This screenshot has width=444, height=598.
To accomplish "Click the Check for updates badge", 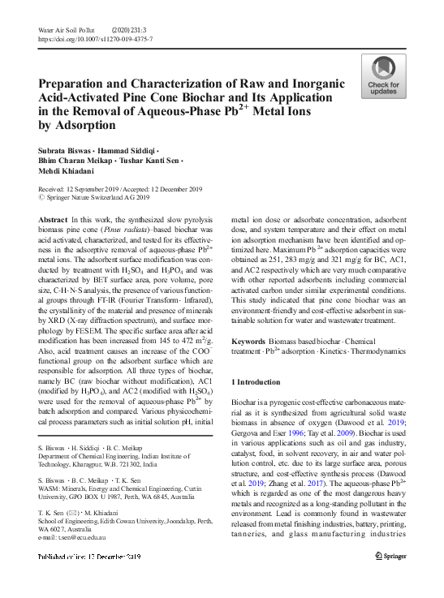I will pyautogui.click(x=385, y=76).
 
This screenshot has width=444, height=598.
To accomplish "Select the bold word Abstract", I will pyautogui.click(x=54, y=221).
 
